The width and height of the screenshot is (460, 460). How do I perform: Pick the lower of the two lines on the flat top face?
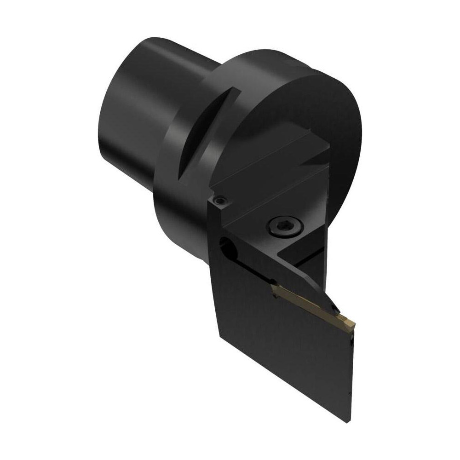[x=285, y=184]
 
